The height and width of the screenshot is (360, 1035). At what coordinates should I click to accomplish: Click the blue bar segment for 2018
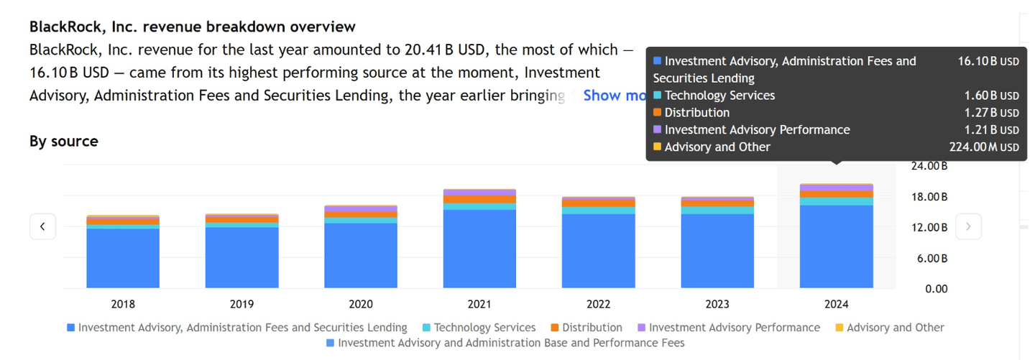pos(123,259)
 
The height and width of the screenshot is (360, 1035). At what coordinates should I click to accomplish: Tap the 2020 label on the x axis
pos(361,304)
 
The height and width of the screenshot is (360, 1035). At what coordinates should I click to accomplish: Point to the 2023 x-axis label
pos(717,304)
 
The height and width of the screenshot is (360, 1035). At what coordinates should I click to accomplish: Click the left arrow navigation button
pos(42,226)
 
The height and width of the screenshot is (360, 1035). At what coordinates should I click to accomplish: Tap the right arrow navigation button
pos(968,226)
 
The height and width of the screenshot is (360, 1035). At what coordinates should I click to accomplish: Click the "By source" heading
pos(64,142)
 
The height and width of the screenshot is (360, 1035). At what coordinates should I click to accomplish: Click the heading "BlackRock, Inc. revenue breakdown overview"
pos(192,27)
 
